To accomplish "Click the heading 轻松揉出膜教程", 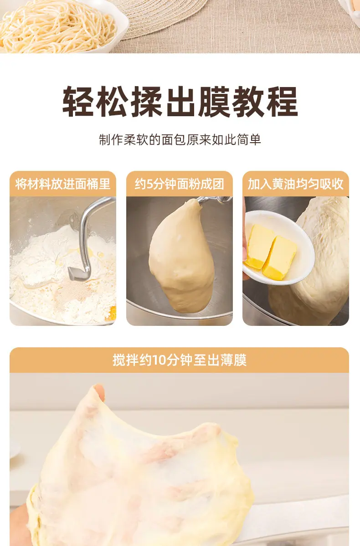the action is pyautogui.click(x=180, y=101).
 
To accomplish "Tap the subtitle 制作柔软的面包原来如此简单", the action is pyautogui.click(x=180, y=139).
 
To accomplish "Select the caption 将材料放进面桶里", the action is pyautogui.click(x=63, y=184).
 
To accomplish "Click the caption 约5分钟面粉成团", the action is pyautogui.click(x=179, y=184).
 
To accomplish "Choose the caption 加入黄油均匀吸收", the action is pyautogui.click(x=296, y=184).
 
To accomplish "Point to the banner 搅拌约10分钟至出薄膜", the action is pyautogui.click(x=179, y=360).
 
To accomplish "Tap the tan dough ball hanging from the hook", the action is pyautogui.click(x=181, y=256).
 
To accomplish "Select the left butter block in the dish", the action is pyautogui.click(x=260, y=246).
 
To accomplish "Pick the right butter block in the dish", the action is pyautogui.click(x=280, y=258).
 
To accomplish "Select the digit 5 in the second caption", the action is pyautogui.click(x=150, y=184).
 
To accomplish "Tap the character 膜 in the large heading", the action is pyautogui.click(x=215, y=101).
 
